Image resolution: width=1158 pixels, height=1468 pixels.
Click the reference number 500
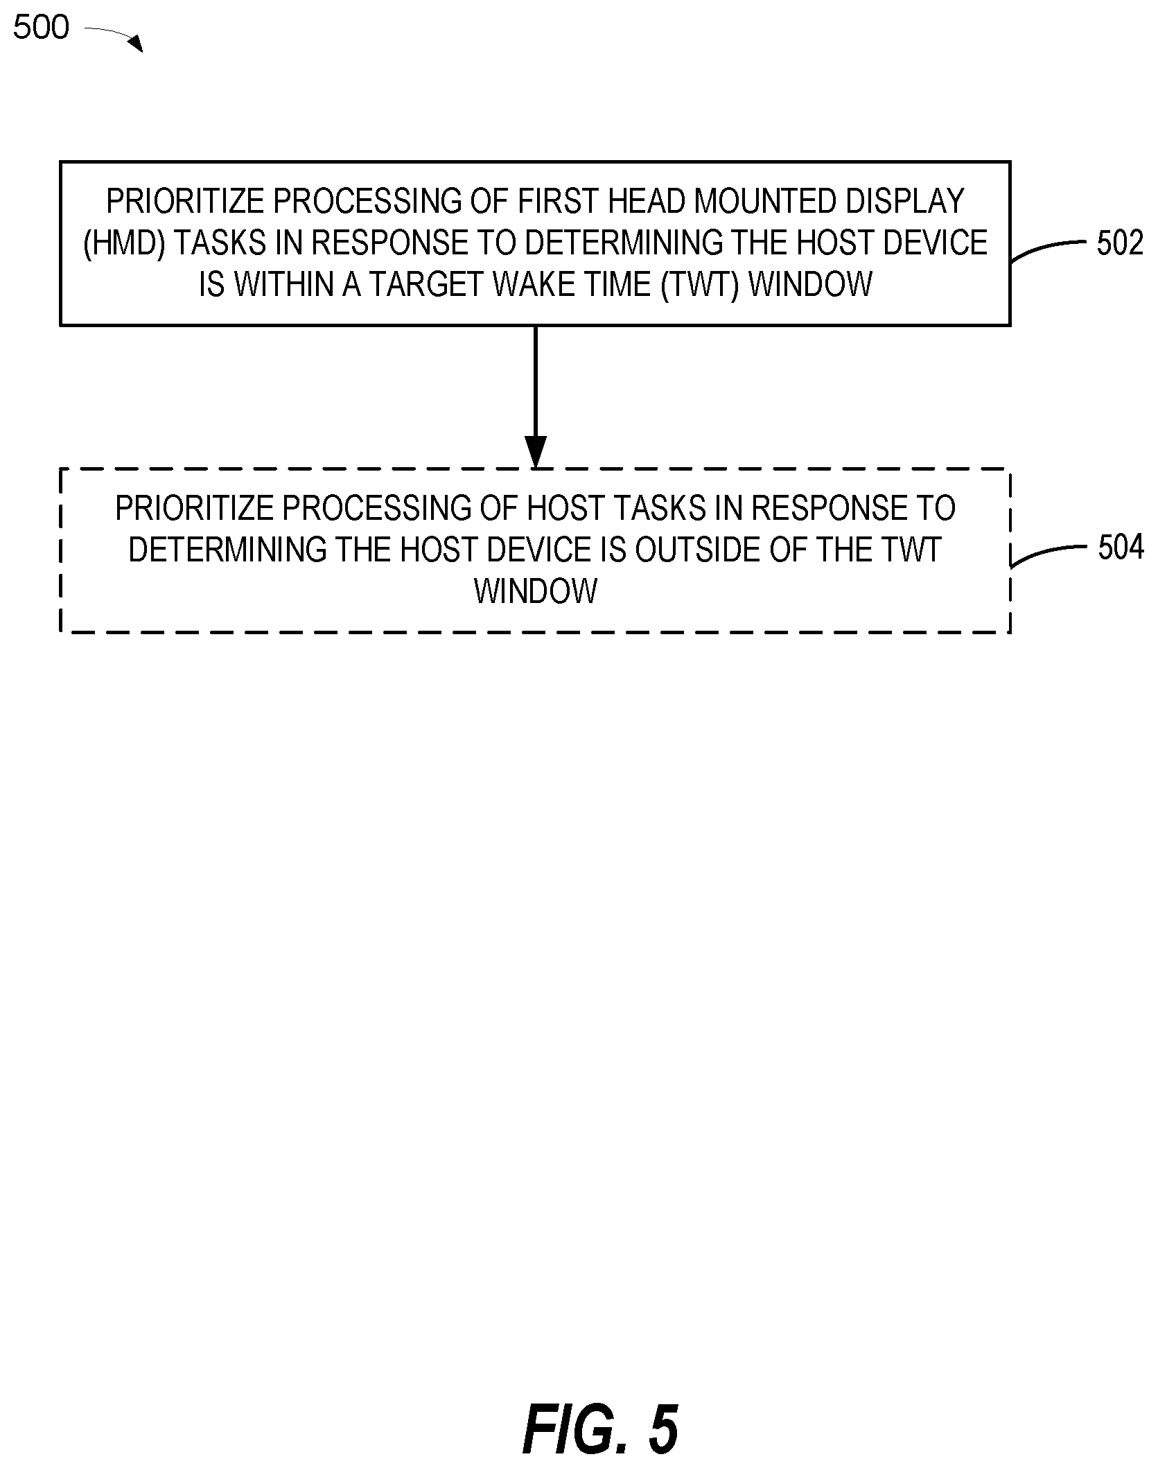(x=42, y=28)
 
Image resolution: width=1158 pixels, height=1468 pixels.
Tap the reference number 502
(x=1119, y=243)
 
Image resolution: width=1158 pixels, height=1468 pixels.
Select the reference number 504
(x=1121, y=548)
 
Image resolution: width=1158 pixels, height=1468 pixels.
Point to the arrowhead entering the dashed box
(x=535, y=453)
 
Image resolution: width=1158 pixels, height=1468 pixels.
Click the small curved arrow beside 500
(x=114, y=37)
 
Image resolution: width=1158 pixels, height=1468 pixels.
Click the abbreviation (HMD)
(x=124, y=243)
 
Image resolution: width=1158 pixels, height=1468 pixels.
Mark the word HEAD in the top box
(x=648, y=202)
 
